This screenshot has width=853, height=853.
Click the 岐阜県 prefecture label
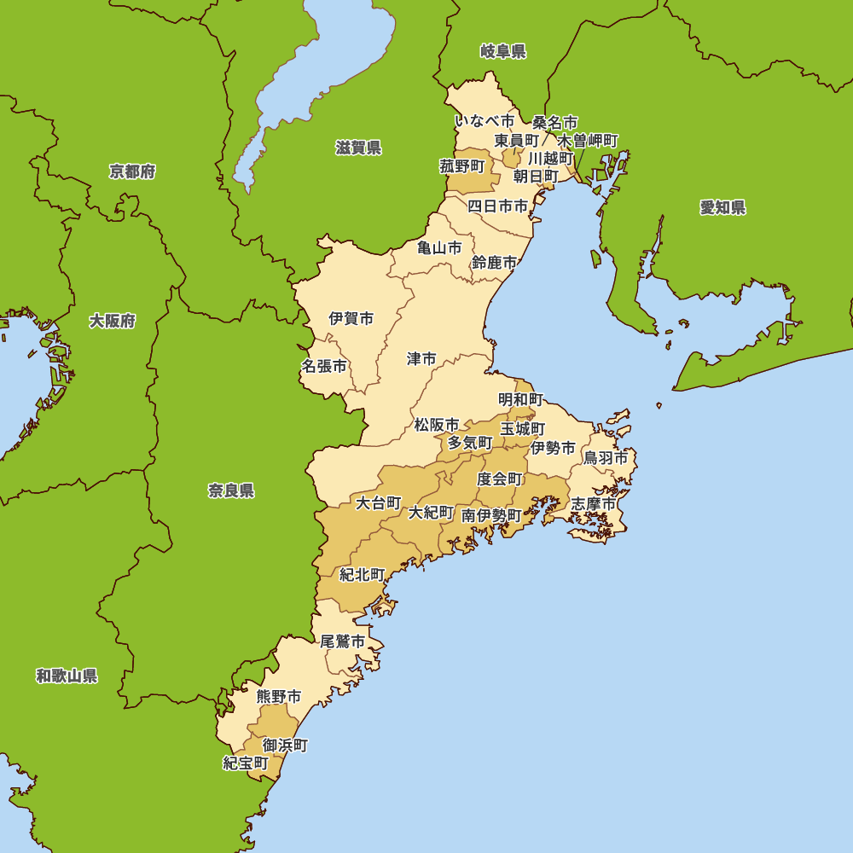point(503,52)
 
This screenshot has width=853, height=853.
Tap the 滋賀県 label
point(358,148)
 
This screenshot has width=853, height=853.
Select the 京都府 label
point(132,171)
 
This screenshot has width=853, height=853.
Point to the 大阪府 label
point(113,321)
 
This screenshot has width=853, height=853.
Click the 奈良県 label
point(231,490)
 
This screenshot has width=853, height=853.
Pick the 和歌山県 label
point(67,676)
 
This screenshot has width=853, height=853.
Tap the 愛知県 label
point(722,207)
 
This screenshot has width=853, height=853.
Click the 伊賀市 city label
point(351,319)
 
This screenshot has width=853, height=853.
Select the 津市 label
point(421,359)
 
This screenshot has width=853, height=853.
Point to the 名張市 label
point(324,366)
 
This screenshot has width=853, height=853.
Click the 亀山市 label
point(439,248)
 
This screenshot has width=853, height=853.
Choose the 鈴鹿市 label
point(494,263)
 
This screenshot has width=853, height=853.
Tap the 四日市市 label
point(497,206)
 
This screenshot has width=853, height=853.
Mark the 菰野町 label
point(462,166)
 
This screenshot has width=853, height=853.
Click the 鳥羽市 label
point(606,458)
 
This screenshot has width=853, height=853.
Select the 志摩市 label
point(593,504)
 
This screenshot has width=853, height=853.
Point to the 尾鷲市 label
point(343,641)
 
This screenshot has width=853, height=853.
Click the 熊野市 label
point(279,697)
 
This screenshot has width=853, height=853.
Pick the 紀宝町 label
point(246,763)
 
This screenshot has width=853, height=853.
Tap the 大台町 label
point(378,503)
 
